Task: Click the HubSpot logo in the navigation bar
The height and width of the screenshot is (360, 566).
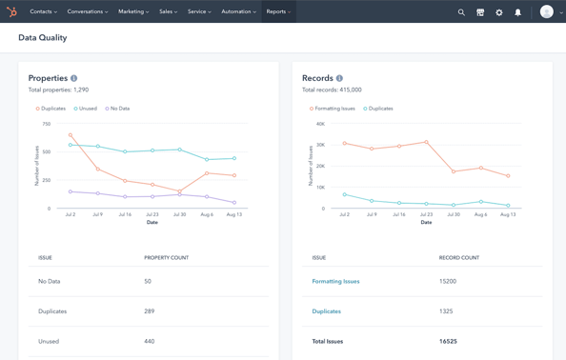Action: coord(11,12)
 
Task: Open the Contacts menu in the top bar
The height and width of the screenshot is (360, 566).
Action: coord(43,12)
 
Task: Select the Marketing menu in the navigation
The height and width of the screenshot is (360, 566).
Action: coord(132,12)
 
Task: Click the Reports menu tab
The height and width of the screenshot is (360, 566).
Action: coord(277,12)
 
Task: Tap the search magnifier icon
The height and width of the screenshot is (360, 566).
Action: coord(461,12)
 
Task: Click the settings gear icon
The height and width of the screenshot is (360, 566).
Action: coord(499,12)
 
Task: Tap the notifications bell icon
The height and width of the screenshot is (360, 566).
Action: coord(518,12)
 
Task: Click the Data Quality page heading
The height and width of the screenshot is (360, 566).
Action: coord(43,38)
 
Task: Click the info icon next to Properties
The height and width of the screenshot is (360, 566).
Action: coord(74,78)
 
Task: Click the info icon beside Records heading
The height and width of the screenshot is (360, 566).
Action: coord(339,78)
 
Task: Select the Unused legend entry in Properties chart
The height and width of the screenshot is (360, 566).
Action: coord(87,109)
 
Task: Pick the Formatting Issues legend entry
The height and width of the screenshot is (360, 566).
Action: coord(333,109)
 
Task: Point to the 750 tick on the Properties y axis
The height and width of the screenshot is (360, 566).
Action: coord(46,124)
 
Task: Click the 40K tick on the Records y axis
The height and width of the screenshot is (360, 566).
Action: coord(320,124)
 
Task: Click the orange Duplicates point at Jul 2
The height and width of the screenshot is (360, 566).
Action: coord(71,135)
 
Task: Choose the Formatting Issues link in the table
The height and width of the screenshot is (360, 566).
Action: coord(335,282)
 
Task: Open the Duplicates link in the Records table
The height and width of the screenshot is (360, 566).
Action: coord(326,311)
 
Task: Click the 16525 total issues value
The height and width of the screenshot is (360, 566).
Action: coord(448,341)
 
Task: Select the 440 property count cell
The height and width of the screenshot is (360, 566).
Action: coord(149,341)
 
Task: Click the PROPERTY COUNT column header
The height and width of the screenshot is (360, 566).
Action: coord(166,258)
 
